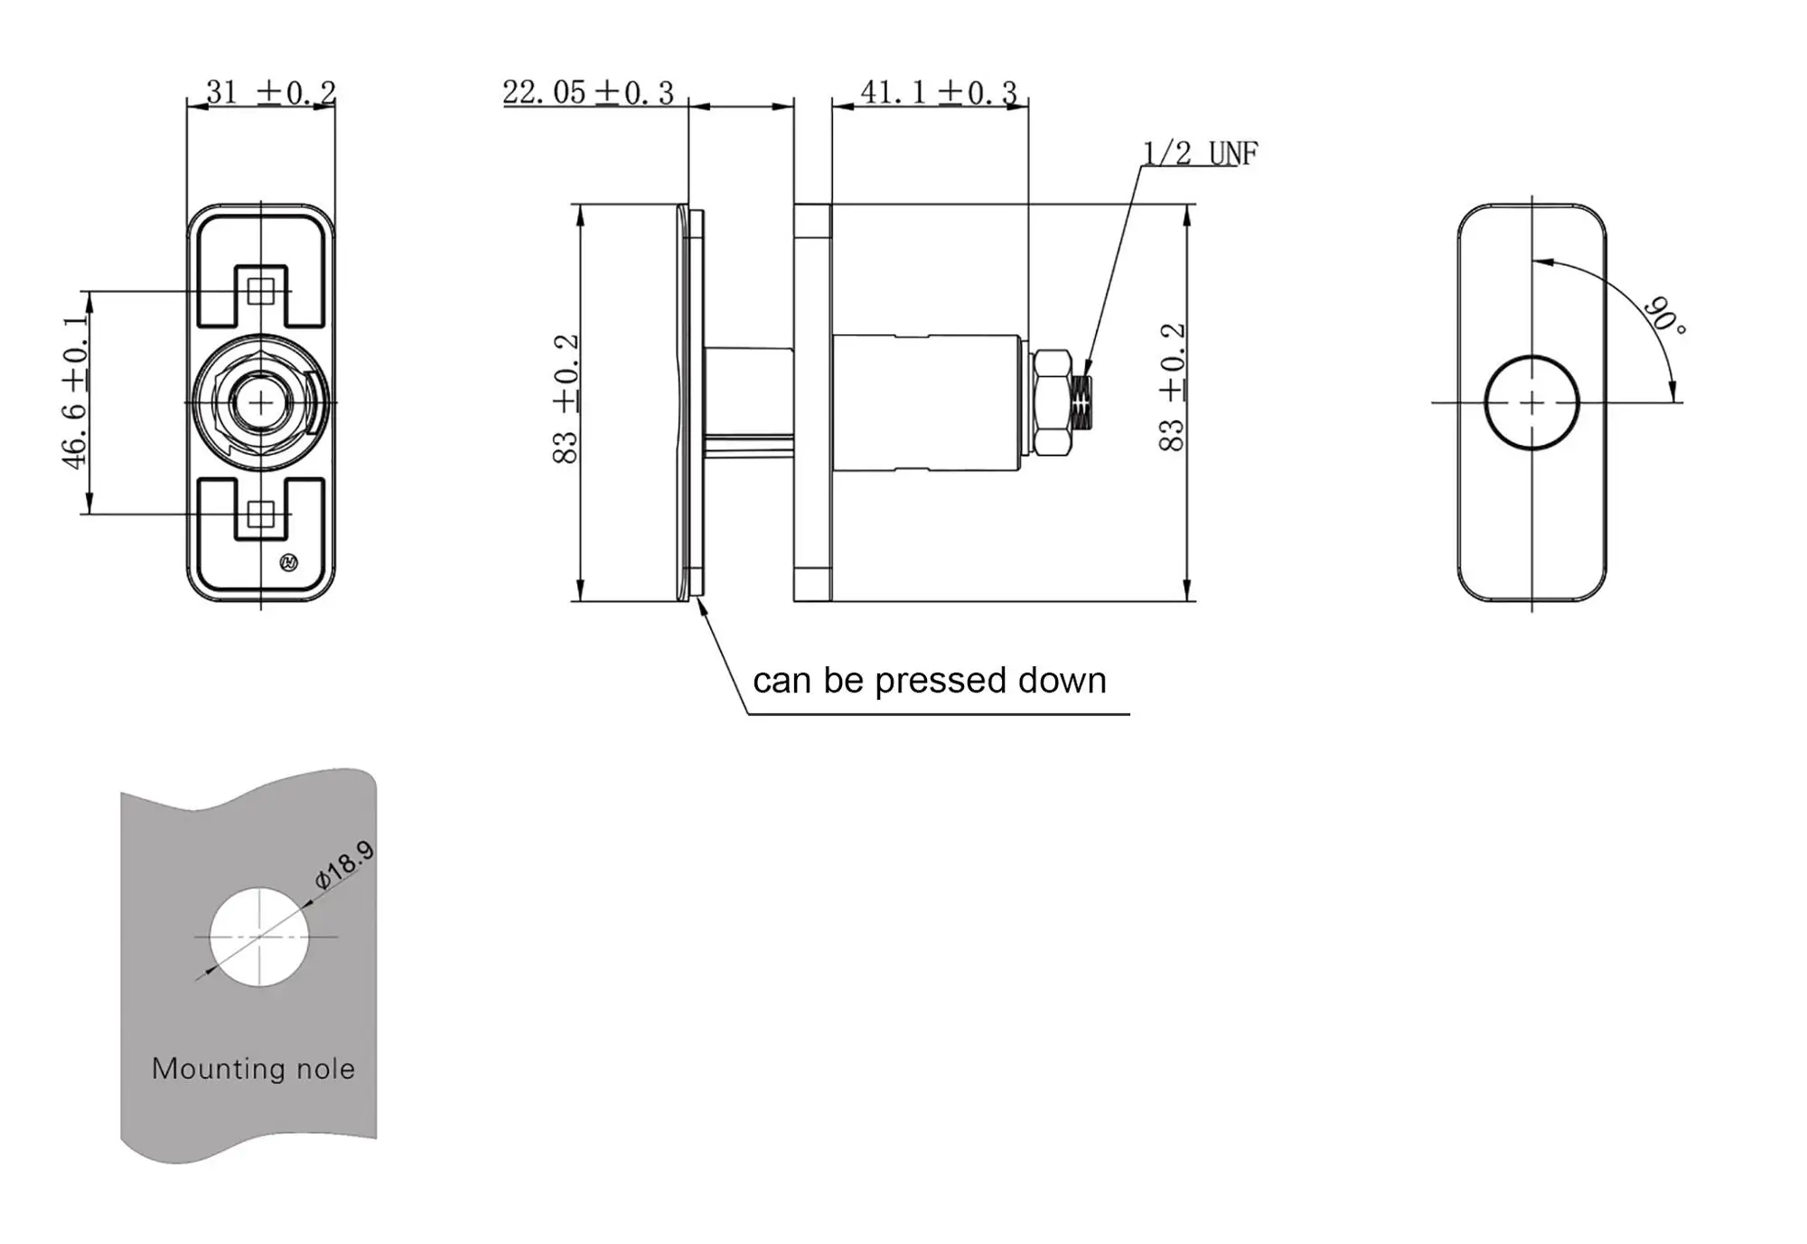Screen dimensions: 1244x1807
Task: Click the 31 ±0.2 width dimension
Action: click(x=270, y=91)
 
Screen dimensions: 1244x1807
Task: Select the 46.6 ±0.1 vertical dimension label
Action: click(x=77, y=392)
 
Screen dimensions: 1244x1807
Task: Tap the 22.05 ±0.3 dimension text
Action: click(x=587, y=92)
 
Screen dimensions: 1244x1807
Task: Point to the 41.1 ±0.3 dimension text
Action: click(x=938, y=91)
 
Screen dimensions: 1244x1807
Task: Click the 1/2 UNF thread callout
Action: click(x=1200, y=154)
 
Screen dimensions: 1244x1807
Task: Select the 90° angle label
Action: click(x=1663, y=316)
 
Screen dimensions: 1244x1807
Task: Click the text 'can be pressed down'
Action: click(x=929, y=681)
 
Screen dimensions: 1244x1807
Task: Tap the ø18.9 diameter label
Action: click(x=343, y=864)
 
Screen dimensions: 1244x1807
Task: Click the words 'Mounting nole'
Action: click(x=253, y=1069)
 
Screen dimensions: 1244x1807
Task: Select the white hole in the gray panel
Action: click(x=259, y=937)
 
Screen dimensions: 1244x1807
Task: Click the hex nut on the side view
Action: click(x=1051, y=402)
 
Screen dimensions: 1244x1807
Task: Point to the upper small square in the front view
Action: click(x=261, y=291)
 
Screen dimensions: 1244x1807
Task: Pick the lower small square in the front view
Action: click(x=261, y=514)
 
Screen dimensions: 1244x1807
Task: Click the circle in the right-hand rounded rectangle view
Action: click(x=1531, y=402)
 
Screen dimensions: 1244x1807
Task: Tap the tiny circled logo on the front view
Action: click(x=289, y=563)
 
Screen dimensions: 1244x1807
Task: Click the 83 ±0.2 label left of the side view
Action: click(x=566, y=399)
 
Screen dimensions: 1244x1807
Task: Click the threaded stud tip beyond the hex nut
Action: click(x=1084, y=403)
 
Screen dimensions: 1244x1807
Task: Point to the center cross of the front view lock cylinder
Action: click(x=261, y=403)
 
